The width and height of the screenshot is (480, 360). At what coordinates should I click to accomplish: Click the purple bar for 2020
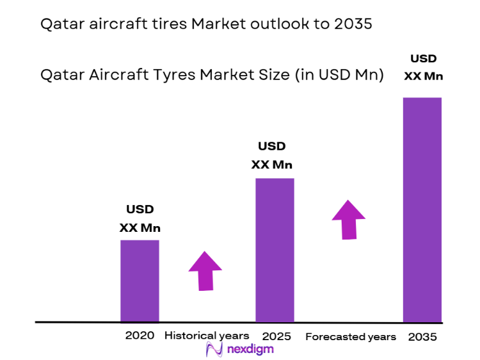(x=140, y=281)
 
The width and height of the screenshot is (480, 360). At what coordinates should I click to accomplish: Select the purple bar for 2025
(x=275, y=250)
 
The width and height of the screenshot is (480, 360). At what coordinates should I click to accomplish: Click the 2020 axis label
(x=140, y=336)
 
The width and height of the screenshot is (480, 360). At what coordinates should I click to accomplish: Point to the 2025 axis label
(x=276, y=336)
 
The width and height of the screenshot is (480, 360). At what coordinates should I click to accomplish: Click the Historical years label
(x=207, y=336)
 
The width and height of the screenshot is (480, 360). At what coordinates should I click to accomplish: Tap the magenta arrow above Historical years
(x=205, y=270)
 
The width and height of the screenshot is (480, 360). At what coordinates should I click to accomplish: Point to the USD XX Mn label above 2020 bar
(x=140, y=218)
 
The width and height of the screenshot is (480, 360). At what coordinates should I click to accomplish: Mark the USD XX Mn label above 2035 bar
(x=424, y=68)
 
